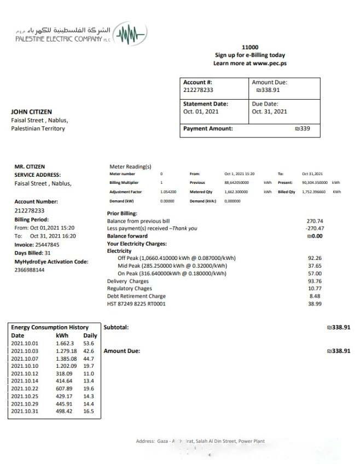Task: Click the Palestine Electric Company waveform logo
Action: tap(131, 34)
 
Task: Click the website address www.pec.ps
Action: tap(270, 63)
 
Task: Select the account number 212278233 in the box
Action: tap(198, 90)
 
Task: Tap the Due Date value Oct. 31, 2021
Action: tap(269, 112)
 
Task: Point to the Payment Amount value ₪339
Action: tap(302, 129)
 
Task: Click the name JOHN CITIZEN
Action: tap(31, 112)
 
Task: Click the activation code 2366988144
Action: tap(30, 270)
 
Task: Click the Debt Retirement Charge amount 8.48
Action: tap(316, 296)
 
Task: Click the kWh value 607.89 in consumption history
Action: tap(65, 389)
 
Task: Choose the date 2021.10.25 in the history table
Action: tap(25, 396)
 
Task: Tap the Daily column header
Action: tap(90, 335)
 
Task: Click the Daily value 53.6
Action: tap(89, 343)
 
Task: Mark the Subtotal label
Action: tap(116, 327)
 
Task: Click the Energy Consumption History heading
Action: tap(50, 327)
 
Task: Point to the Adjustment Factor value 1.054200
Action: tap(169, 192)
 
